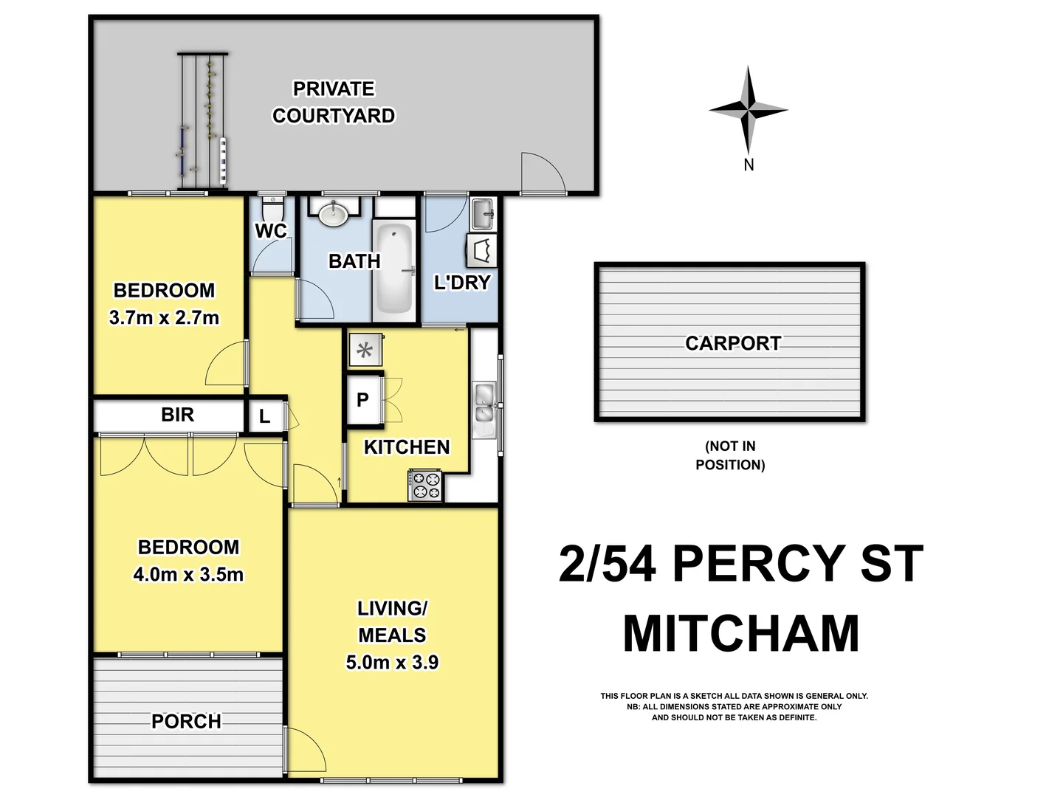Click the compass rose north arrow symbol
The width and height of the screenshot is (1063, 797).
[749, 110]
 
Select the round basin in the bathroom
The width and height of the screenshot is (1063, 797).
[334, 213]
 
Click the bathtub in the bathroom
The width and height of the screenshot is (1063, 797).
[393, 269]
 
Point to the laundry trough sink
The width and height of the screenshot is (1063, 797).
[483, 213]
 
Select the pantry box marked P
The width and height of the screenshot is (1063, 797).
[363, 400]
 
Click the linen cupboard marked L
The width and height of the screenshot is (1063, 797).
[264, 417]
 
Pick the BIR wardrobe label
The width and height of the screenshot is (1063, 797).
[177, 415]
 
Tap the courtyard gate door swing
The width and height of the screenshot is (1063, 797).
[542, 173]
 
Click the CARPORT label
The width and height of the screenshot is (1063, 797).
[732, 343]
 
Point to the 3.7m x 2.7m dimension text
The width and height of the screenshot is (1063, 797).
[164, 318]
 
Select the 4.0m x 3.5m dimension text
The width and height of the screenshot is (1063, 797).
[188, 574]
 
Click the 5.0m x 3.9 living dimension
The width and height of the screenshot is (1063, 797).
[392, 662]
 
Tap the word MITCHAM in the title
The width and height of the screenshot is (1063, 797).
[741, 634]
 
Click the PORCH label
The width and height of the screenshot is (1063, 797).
[186, 721]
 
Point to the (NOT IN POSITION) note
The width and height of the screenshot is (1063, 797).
[730, 455]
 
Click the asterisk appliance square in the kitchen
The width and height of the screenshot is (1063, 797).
[365, 351]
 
